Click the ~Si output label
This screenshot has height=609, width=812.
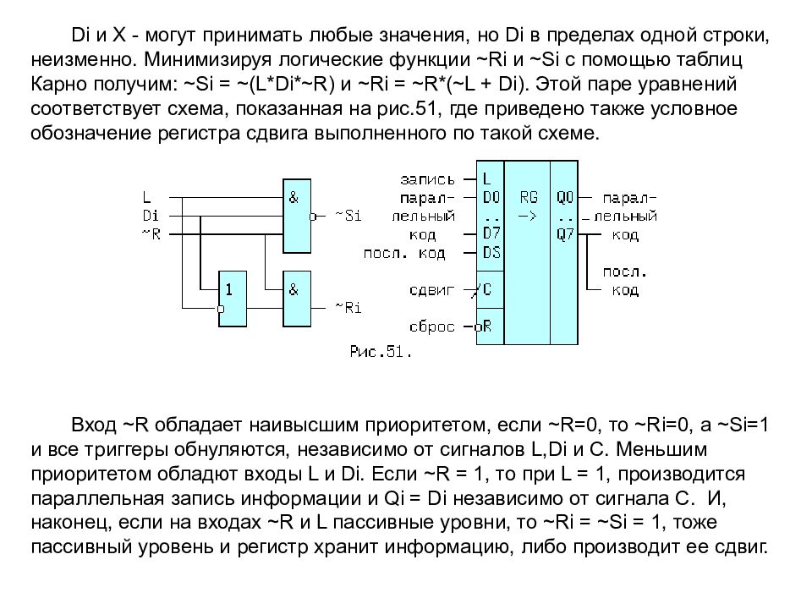click(348, 216)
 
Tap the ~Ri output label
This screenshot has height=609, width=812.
click(348, 308)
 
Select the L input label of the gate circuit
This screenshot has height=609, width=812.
click(147, 197)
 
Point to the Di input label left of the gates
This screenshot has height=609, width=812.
click(151, 216)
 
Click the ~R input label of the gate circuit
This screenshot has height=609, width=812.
click(151, 234)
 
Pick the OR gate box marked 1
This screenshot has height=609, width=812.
click(233, 299)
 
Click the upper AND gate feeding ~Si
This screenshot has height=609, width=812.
click(297, 216)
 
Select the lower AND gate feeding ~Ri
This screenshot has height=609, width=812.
click(297, 299)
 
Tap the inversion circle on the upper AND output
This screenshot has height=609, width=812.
click(313, 217)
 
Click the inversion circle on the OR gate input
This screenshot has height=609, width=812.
click(220, 309)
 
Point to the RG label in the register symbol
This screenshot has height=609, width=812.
click(529, 197)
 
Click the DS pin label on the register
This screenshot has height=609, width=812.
click(491, 253)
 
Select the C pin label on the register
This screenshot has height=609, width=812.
click(487, 289)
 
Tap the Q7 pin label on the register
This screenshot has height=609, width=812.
click(565, 234)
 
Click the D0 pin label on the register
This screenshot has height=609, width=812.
click(491, 197)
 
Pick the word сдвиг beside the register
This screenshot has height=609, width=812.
click(432, 289)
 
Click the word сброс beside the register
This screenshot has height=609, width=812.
click(432, 326)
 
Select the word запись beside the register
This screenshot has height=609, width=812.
click(428, 179)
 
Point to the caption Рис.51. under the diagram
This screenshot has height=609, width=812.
click(381, 352)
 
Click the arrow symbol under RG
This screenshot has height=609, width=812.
click(528, 216)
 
